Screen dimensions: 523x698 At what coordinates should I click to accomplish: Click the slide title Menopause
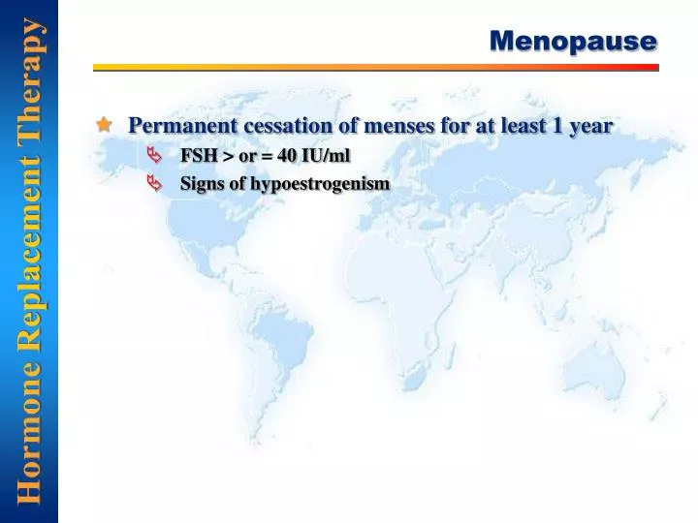pyautogui.click(x=573, y=41)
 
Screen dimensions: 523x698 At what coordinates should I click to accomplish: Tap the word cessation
pyautogui.click(x=275, y=126)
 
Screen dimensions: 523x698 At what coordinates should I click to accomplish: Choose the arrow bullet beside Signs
pyautogui.click(x=155, y=183)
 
